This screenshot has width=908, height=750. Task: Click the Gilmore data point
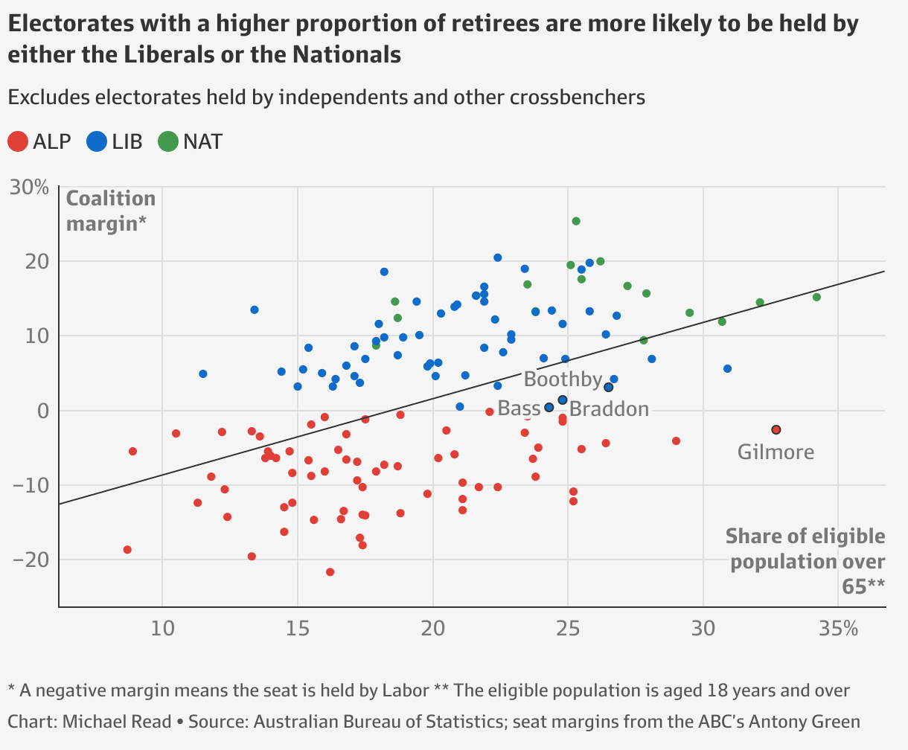point(776,429)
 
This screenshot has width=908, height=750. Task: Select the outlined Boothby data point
point(608,388)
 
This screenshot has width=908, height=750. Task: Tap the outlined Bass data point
point(549,408)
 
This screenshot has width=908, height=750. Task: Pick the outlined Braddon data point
point(562,400)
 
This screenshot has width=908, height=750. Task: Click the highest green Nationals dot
point(576,221)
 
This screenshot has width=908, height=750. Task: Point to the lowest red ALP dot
point(330,571)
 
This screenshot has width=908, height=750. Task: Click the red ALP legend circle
point(18,141)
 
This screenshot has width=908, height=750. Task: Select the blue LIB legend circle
point(97,141)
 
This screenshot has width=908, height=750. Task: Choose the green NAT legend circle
point(168,141)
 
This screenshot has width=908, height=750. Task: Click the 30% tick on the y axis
point(29,187)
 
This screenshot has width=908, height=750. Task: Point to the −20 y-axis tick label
point(31,560)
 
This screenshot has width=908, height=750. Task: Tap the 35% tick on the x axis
point(839,629)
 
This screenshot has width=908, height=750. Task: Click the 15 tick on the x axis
point(298,629)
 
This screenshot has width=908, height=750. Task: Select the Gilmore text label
point(776,452)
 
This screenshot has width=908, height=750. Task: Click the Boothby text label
point(563,379)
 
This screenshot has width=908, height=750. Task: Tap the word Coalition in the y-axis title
point(111,199)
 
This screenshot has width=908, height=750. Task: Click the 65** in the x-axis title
point(863,586)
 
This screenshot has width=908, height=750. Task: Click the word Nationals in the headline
point(347,55)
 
